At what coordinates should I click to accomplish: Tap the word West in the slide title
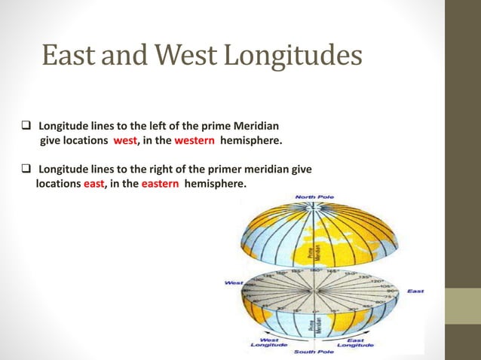pos(189,56)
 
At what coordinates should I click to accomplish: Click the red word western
pos(195,140)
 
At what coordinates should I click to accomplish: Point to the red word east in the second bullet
pos(93,182)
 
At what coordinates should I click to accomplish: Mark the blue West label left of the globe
pos(234,283)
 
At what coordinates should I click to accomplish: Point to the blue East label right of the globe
pos(415,291)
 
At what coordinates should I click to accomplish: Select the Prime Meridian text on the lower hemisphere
pos(319,325)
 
